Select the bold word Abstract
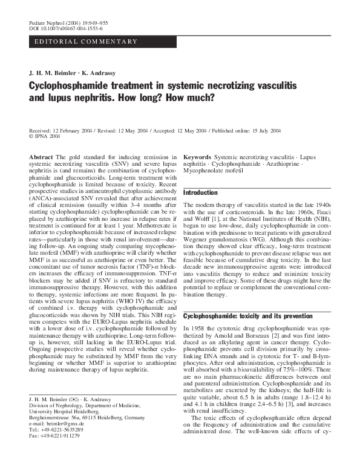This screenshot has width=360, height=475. [x=41, y=157]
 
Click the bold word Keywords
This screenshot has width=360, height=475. [x=197, y=157]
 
